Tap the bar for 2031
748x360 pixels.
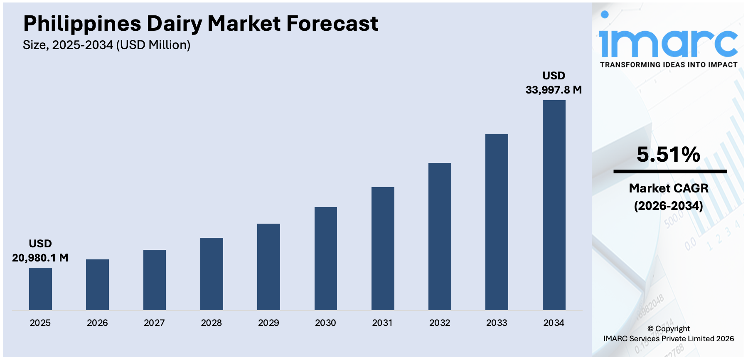[x=383, y=248]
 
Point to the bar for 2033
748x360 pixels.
[x=497, y=222]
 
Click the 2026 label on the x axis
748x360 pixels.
[x=97, y=323]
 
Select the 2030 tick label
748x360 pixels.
[x=325, y=323]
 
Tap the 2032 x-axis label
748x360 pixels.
[x=440, y=323]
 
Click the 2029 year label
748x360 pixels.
[x=268, y=323]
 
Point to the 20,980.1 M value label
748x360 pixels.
[x=40, y=258]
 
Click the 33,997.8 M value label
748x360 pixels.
[x=554, y=90]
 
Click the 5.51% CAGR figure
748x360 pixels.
[x=668, y=155]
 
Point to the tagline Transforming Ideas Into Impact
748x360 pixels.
[x=668, y=65]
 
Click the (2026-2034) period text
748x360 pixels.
[x=668, y=206]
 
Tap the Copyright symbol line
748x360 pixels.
[x=668, y=329]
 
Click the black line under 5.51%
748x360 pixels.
[x=670, y=171]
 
